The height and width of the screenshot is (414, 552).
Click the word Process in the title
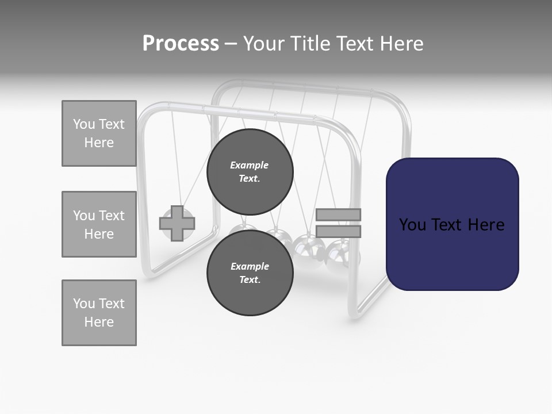tap(181, 44)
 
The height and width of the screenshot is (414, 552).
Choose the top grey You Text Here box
tap(99, 133)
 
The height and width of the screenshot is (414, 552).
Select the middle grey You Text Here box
tap(99, 224)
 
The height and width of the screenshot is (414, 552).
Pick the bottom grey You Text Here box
tap(99, 313)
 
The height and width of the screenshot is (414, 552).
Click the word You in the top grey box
tap(83, 124)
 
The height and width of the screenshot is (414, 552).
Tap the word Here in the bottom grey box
tap(99, 322)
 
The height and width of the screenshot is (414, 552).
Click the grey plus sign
tap(177, 224)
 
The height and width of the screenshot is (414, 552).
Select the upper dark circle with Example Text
tap(250, 171)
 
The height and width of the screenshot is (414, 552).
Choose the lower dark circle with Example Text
tap(250, 273)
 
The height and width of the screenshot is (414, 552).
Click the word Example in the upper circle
tap(250, 165)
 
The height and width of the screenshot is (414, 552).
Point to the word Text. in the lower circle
tap(250, 280)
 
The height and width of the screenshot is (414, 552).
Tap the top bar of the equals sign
tap(338, 214)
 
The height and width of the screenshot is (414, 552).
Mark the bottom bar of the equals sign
tap(338, 231)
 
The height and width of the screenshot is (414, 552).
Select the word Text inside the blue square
tap(451, 225)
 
